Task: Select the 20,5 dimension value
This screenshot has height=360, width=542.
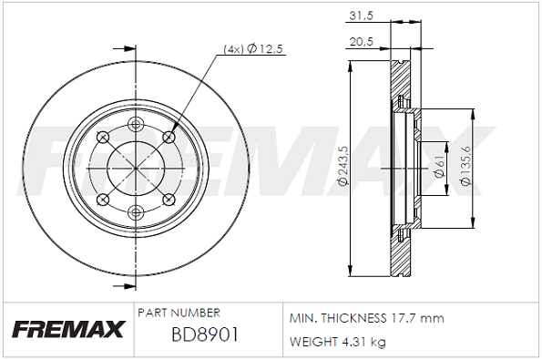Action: point(363,40)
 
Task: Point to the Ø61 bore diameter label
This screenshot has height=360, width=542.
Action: point(439,166)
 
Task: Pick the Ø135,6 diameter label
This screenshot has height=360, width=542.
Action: point(466,166)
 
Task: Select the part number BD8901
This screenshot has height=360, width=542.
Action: point(205,334)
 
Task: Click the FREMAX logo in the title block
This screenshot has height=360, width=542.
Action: point(66,330)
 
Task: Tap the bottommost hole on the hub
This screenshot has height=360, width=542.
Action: point(136,212)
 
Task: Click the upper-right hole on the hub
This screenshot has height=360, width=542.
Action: point(169,138)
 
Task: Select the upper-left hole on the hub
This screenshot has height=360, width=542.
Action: point(103,138)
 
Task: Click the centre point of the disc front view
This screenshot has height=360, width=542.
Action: point(136,169)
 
